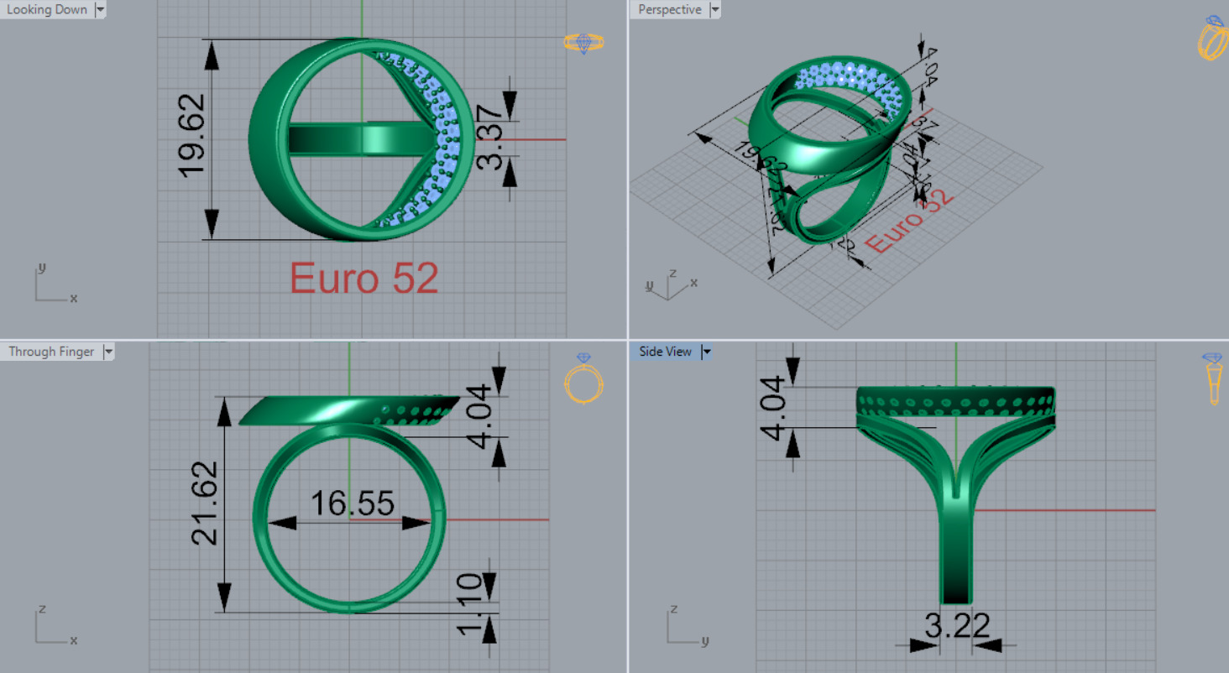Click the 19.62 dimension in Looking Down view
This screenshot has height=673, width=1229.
click(x=192, y=138)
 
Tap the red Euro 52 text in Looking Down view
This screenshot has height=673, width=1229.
click(x=364, y=279)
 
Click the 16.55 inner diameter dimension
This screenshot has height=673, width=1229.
click(x=352, y=503)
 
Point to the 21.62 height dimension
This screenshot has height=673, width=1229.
click(x=207, y=503)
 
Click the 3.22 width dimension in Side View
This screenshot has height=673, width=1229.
click(x=956, y=626)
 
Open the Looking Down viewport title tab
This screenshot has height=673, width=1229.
click(x=47, y=9)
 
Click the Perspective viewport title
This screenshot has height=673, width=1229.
click(x=669, y=9)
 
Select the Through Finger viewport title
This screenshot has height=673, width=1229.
click(x=51, y=352)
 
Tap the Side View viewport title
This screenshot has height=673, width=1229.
click(x=665, y=352)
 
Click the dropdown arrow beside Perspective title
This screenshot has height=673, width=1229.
click(x=715, y=9)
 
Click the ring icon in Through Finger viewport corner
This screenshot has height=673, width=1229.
click(x=584, y=379)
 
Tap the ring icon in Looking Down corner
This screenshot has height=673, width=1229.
click(x=583, y=43)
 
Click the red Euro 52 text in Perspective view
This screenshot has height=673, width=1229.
click(x=910, y=220)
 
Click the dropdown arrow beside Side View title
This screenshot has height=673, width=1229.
click(x=706, y=352)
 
